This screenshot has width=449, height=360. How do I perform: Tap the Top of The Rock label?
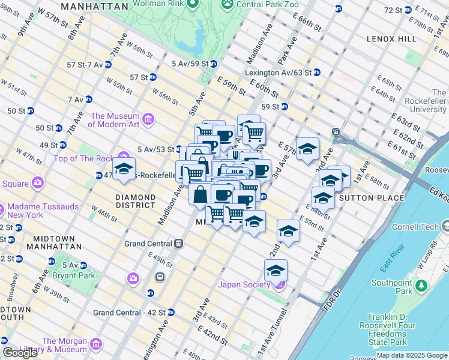tap(83, 158)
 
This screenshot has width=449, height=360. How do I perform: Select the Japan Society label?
tap(244, 284)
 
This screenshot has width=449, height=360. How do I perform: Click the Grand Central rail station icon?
tap(178, 244)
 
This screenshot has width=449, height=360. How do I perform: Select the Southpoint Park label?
tap(391, 287)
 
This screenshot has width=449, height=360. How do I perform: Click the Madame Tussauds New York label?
tap(43, 211)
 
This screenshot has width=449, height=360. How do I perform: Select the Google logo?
tap(20, 353)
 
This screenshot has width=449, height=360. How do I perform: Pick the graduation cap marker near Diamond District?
tap(124, 169)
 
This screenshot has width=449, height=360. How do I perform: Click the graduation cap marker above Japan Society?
tap(276, 271)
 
